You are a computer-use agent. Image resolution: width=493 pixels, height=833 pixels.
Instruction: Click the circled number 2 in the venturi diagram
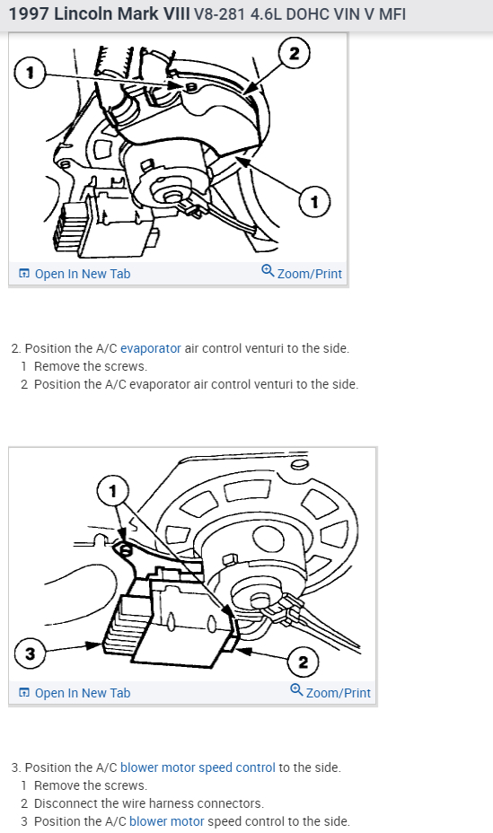294,53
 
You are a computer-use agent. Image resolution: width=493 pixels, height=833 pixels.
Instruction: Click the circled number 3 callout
30,653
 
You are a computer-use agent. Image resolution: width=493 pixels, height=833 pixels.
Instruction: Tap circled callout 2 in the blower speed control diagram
303,662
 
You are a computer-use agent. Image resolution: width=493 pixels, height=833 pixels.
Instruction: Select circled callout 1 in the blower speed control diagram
112,490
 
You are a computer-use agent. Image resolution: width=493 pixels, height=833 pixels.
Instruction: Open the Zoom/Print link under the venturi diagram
302,273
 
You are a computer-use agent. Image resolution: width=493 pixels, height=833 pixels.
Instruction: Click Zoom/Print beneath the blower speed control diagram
330,692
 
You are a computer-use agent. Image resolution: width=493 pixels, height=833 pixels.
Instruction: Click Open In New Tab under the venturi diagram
75,273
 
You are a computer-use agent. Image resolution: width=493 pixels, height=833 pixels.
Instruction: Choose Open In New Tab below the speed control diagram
75,692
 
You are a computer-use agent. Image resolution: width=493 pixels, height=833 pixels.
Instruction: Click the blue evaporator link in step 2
150,347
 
